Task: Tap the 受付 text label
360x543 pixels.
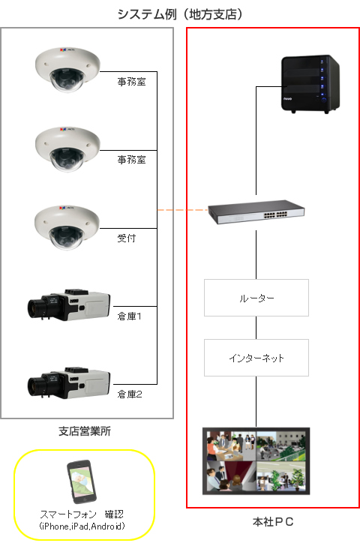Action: [x=126, y=238]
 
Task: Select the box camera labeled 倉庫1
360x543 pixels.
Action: [x=69, y=304]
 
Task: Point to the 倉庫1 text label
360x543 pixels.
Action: [x=129, y=316]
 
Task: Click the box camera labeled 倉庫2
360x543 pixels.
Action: [x=69, y=382]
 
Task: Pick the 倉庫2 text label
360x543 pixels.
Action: [x=130, y=394]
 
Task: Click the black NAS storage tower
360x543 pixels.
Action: [x=310, y=84]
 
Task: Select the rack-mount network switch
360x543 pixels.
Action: [x=256, y=211]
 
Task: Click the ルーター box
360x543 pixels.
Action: [x=256, y=298]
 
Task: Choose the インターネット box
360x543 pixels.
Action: [x=256, y=358]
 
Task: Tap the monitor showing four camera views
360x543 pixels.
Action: [x=256, y=461]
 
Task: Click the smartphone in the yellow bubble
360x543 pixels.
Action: [x=82, y=481]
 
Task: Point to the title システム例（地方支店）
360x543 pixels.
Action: [x=180, y=14]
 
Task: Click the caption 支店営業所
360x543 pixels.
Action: [x=85, y=431]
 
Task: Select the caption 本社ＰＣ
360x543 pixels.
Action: [x=273, y=521]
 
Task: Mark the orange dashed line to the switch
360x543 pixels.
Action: [x=182, y=210]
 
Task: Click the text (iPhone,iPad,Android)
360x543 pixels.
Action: [x=82, y=526]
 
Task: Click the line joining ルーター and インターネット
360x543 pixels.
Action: [x=256, y=328]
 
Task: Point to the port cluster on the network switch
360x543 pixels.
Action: [x=276, y=214]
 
